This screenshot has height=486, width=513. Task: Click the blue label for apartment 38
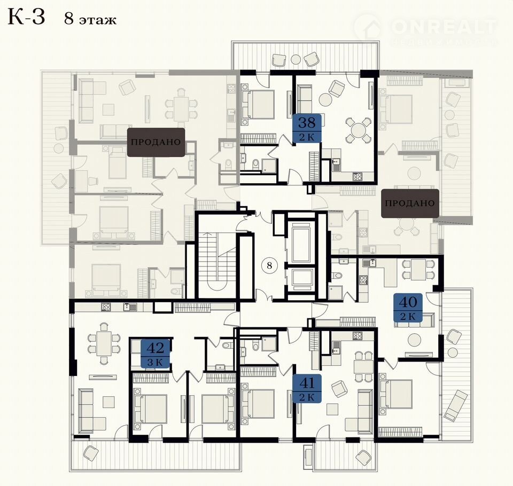(307, 128)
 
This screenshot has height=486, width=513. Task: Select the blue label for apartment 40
(408, 308)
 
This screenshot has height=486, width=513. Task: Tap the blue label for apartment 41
(307, 388)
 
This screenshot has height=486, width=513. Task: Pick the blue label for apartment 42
(155, 354)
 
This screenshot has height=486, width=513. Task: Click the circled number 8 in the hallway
(269, 265)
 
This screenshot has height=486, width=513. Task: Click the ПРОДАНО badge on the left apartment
(156, 142)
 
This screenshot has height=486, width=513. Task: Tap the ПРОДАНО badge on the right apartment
(410, 203)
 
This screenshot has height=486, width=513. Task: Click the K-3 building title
(26, 17)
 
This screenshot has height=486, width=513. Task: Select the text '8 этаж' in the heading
(90, 19)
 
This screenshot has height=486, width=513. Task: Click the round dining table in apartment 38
(359, 130)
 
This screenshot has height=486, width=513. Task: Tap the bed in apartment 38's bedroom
(257, 104)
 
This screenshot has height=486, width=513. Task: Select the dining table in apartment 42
(104, 343)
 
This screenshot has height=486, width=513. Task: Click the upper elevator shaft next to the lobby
(300, 239)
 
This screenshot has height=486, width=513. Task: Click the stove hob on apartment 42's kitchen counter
(106, 307)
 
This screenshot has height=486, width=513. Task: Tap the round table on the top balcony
(296, 59)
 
